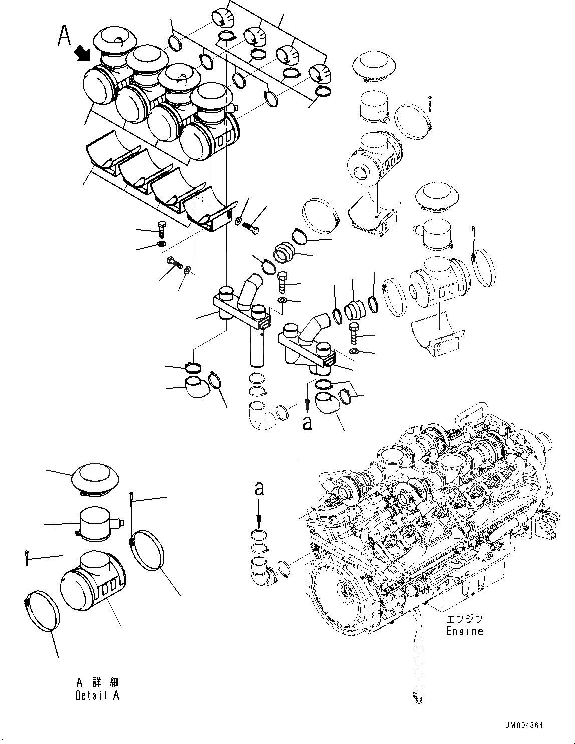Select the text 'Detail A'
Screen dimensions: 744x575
click(x=97, y=695)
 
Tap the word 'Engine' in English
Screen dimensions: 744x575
click(x=464, y=631)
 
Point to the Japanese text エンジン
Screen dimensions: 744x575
click(x=464, y=618)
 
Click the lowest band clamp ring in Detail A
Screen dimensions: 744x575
click(x=43, y=616)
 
